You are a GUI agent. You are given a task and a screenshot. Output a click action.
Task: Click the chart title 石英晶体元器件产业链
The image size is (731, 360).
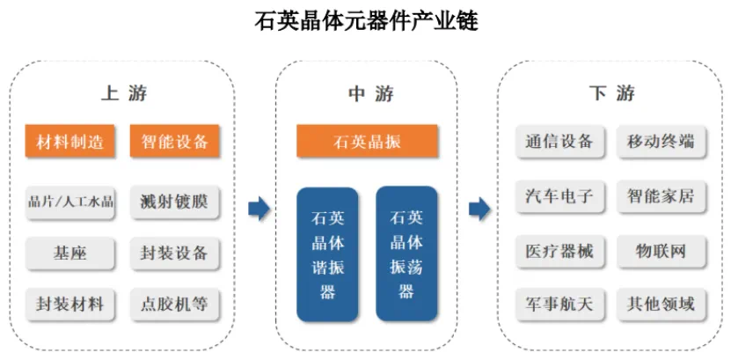pos(366,21)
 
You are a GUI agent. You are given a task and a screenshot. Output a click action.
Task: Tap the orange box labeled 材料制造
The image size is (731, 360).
pos(69,141)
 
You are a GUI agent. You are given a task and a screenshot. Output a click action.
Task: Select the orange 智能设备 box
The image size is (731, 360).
pos(174,141)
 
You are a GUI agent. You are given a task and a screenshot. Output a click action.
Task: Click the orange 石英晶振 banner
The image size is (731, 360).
pos(367,141)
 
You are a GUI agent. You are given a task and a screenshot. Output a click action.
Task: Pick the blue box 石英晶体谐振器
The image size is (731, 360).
pos(327,254)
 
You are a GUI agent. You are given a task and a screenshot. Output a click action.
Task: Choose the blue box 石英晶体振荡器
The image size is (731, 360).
pos(406,254)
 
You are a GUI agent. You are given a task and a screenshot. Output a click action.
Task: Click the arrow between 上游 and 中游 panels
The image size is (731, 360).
pos(260,208)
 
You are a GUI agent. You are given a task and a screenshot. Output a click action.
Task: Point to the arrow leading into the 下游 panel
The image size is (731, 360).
pos(479,208)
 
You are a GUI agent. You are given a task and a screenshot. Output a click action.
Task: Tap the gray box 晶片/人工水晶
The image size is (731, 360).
pos(69,202)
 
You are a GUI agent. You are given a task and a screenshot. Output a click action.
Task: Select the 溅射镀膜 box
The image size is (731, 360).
pos(174,202)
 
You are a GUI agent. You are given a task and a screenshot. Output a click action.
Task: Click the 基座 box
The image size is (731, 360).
pos(69,253)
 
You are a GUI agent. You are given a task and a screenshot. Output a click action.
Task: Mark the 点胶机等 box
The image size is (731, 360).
pos(174,305)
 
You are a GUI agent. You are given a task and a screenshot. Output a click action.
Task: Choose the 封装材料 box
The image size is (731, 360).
pos(69,305)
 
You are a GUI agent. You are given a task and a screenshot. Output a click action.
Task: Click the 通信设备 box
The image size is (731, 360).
pos(559,141)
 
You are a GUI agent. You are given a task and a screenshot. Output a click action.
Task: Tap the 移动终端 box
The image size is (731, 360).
pos(662,141)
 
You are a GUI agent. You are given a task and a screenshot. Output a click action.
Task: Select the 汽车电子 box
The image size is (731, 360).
pos(559,196)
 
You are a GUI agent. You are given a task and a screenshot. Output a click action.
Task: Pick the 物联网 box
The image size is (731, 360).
pos(662,252)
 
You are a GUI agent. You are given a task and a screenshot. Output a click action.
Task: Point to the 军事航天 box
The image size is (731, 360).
pos(559,305)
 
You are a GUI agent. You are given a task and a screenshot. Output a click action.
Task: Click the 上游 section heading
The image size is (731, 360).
pos(124,93)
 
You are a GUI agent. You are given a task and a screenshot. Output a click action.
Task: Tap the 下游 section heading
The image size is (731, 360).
pos(611,93)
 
